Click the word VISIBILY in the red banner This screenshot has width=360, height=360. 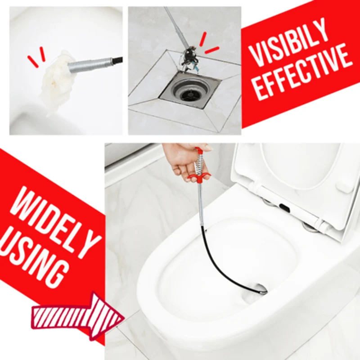(288, 43)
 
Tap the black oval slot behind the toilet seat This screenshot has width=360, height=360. (285, 207)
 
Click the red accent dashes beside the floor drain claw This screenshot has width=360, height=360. (208, 44)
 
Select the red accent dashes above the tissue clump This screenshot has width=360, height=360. (36, 57)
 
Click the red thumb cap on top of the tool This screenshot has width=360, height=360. (199, 151)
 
